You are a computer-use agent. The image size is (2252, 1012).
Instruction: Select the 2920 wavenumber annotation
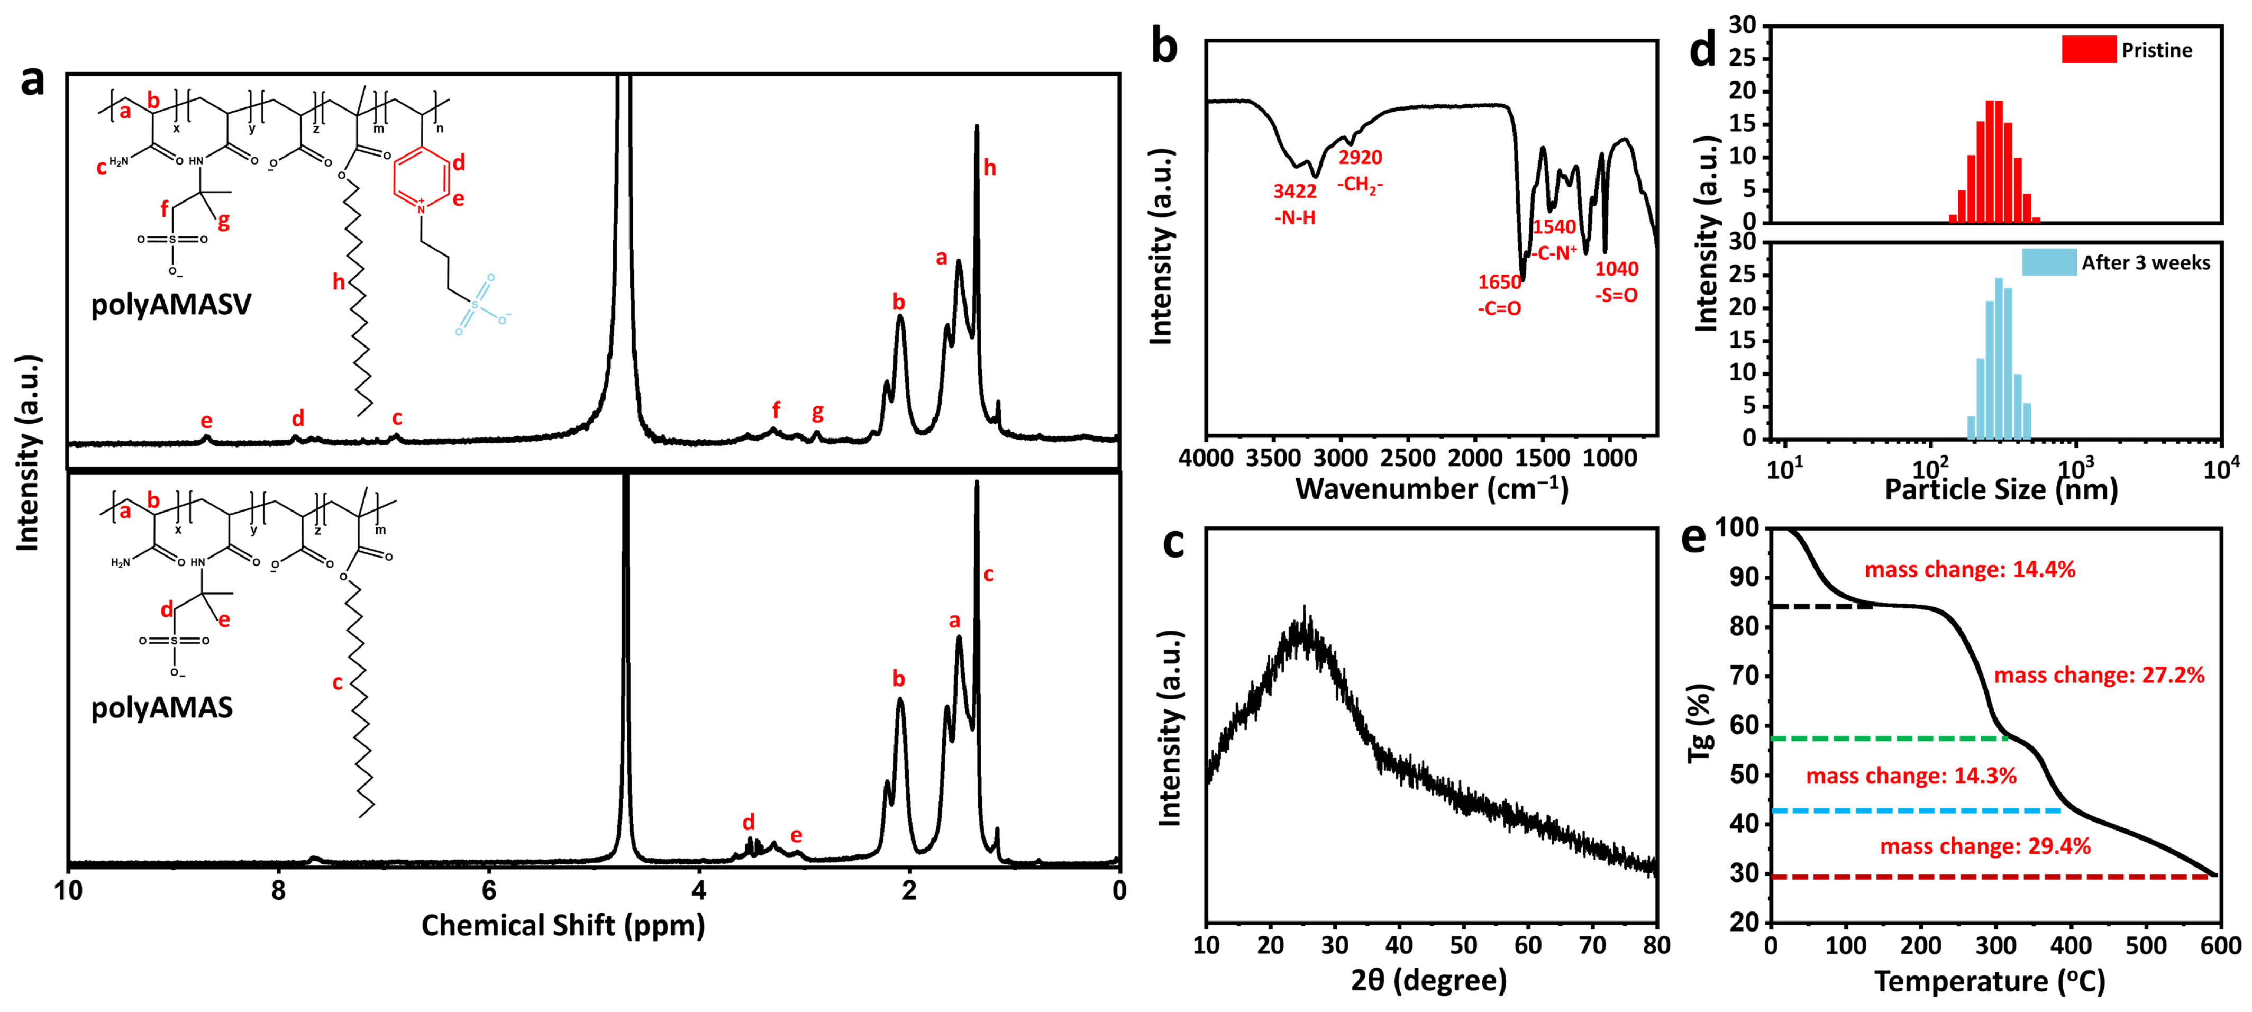tap(1360, 158)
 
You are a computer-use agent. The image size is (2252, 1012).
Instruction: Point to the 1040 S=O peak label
tap(1617, 269)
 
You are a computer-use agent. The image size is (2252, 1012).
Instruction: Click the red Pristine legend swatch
tap(2089, 50)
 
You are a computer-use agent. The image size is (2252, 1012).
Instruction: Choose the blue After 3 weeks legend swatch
tap(2048, 262)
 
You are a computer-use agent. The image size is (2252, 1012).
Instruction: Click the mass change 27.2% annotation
tap(2099, 676)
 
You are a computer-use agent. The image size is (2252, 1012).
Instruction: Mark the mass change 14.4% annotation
tap(1970, 570)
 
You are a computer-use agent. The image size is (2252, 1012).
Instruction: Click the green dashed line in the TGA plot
tap(1889, 739)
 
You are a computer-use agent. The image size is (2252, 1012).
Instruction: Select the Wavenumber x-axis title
tap(1431, 488)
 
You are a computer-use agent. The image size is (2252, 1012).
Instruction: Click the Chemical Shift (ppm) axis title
tap(563, 925)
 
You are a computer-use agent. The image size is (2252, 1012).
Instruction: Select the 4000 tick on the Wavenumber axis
tap(1207, 458)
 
